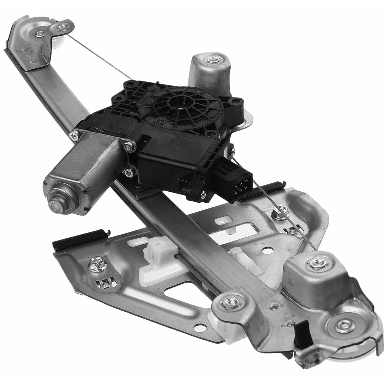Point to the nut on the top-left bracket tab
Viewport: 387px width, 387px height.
click(61, 27)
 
